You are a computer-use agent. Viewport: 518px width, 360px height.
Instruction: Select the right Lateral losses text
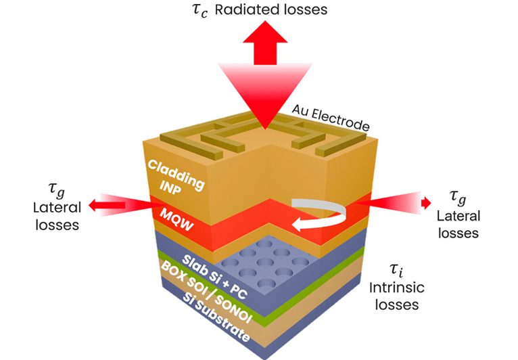tap(458, 224)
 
